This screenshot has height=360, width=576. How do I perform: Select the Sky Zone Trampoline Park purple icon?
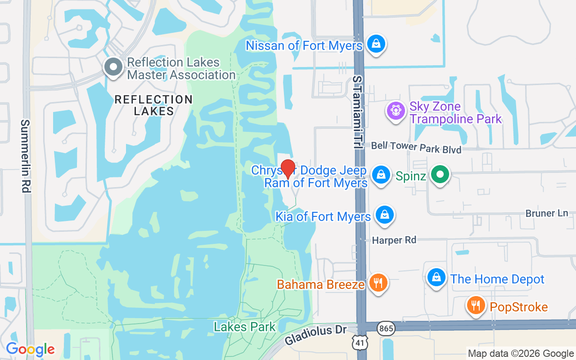point(396,110)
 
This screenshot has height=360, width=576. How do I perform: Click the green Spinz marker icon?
point(440,174)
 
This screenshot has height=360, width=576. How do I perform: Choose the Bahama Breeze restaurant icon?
point(378,283)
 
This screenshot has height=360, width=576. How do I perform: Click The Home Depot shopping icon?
point(436,278)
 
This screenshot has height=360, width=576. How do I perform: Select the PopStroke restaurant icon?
point(475,306)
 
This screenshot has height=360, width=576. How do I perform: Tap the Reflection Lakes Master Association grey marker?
point(113,67)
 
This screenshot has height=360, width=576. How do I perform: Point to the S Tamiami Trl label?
point(358,113)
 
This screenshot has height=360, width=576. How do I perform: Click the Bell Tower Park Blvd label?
point(416,147)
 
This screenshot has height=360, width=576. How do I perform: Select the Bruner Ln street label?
point(547,213)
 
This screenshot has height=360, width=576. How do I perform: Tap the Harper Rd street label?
point(394,240)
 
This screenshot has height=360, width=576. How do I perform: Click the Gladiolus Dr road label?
point(316,335)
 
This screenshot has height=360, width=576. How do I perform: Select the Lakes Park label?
point(245,327)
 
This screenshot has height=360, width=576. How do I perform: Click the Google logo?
point(30,349)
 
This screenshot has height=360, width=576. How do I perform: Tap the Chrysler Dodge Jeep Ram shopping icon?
point(381,175)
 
